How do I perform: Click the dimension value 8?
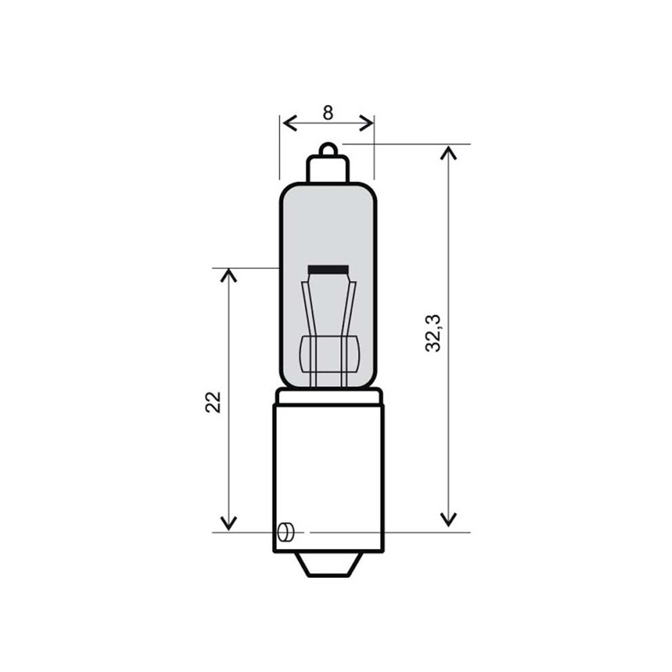[x=327, y=113]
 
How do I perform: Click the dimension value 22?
[x=214, y=402]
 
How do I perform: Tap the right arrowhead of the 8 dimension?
[x=366, y=123]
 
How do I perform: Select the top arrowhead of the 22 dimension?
[x=229, y=276]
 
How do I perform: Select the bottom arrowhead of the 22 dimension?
[x=229, y=523]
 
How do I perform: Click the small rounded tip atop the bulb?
[x=327, y=148]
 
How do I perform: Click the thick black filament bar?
[x=328, y=269]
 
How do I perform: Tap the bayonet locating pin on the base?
[x=285, y=532]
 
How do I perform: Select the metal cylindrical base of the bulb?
[x=328, y=470]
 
